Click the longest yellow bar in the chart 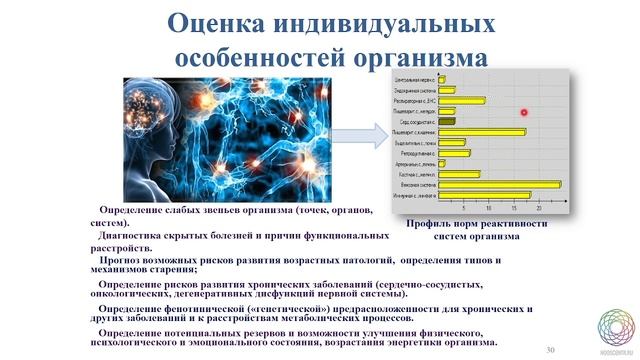pos(500,184)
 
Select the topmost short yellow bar pos(441,78)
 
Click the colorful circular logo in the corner pos(617,329)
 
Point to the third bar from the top pos(462,100)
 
